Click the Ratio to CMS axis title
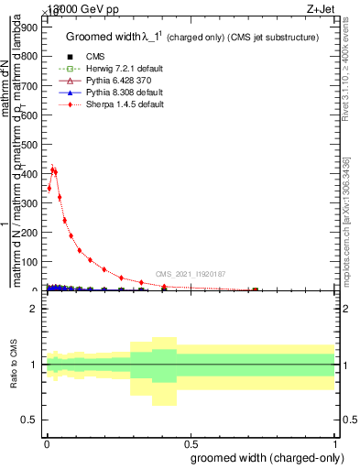click(x=13, y=365)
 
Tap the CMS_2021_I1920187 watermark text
click(x=191, y=274)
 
